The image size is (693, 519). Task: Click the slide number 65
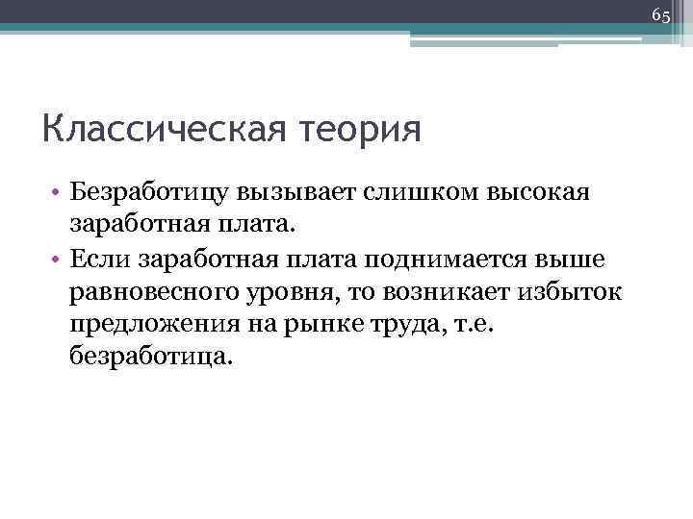click(660, 15)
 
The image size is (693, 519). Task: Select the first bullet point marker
click(58, 195)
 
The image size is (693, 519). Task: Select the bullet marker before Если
click(58, 260)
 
